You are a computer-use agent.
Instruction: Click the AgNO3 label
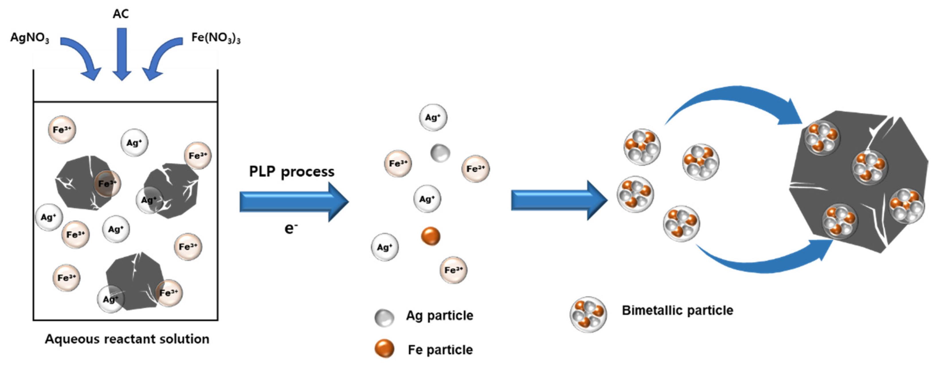click(30, 38)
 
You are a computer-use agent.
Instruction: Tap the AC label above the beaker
click(121, 14)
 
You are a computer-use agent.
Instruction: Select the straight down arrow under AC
click(121, 55)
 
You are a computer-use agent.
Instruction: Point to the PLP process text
click(292, 172)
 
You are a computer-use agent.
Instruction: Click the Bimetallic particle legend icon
click(588, 314)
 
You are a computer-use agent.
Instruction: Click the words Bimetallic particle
click(677, 311)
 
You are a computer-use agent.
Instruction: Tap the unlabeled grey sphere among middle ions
click(440, 153)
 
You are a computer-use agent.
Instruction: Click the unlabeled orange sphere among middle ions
click(431, 236)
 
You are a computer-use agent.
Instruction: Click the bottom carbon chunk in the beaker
click(133, 281)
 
